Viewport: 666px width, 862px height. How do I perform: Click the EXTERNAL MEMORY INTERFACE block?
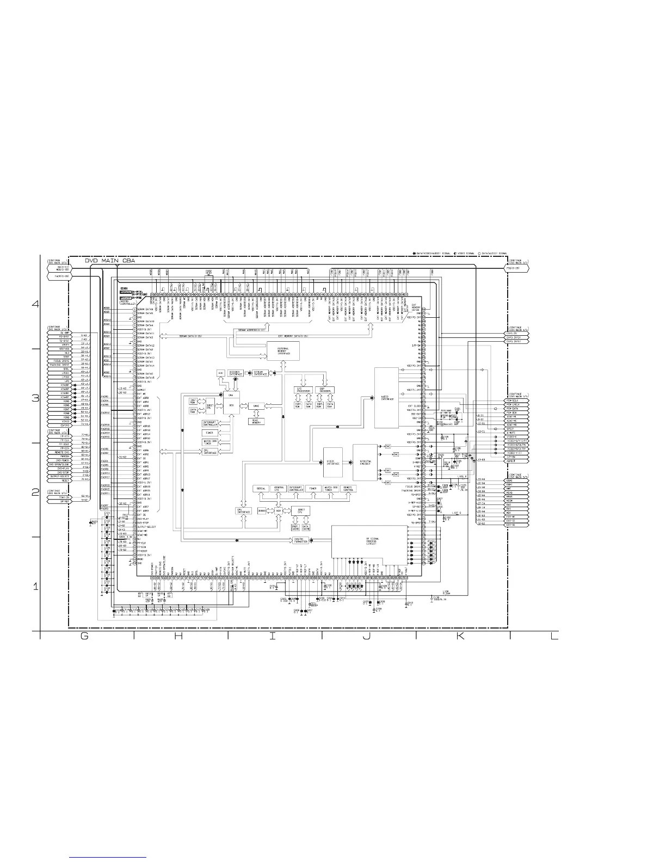pos(283,350)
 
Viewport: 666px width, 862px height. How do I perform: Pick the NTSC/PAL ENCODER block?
pos(365,463)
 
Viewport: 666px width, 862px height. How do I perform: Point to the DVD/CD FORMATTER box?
pos(301,540)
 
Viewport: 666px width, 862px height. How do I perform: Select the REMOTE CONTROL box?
pos(348,489)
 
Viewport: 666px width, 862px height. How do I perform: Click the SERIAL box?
pos(260,489)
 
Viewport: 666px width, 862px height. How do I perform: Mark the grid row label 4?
pos(36,304)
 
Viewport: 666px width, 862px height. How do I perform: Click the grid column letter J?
pos(366,638)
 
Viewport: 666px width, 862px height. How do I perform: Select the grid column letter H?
pos(178,638)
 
